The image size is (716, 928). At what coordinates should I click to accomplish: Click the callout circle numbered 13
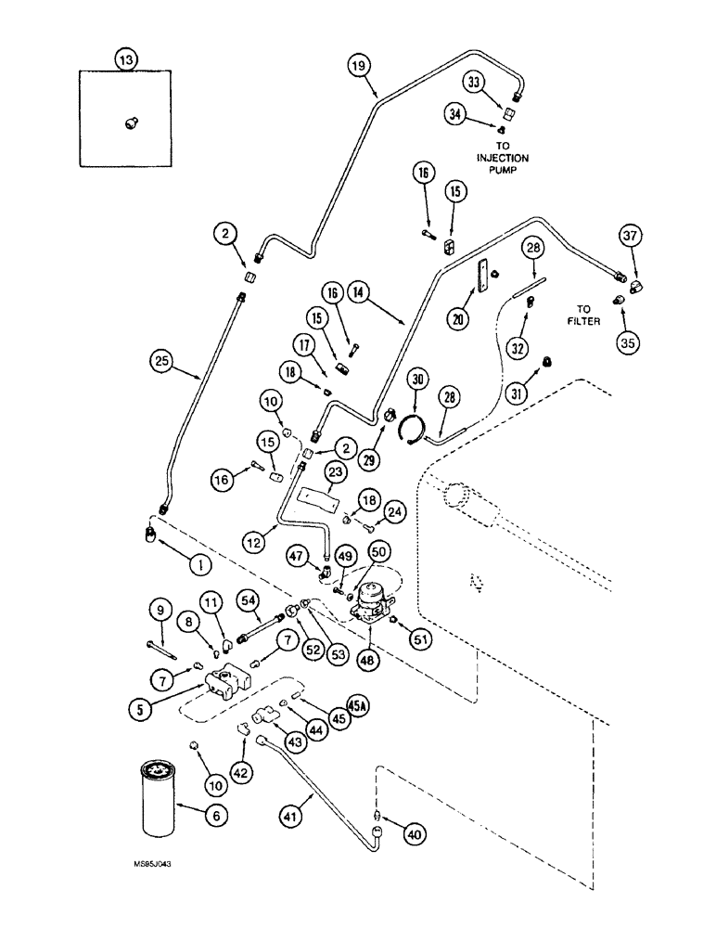coord(125,59)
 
